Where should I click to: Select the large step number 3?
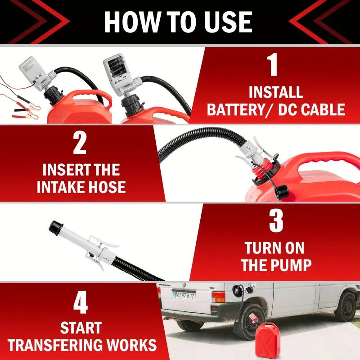point(275,220)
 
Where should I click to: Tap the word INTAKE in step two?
point(62,187)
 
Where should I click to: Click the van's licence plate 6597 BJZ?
point(185,295)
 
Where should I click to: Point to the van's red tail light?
point(218,297)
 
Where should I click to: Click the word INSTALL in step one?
point(275,92)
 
